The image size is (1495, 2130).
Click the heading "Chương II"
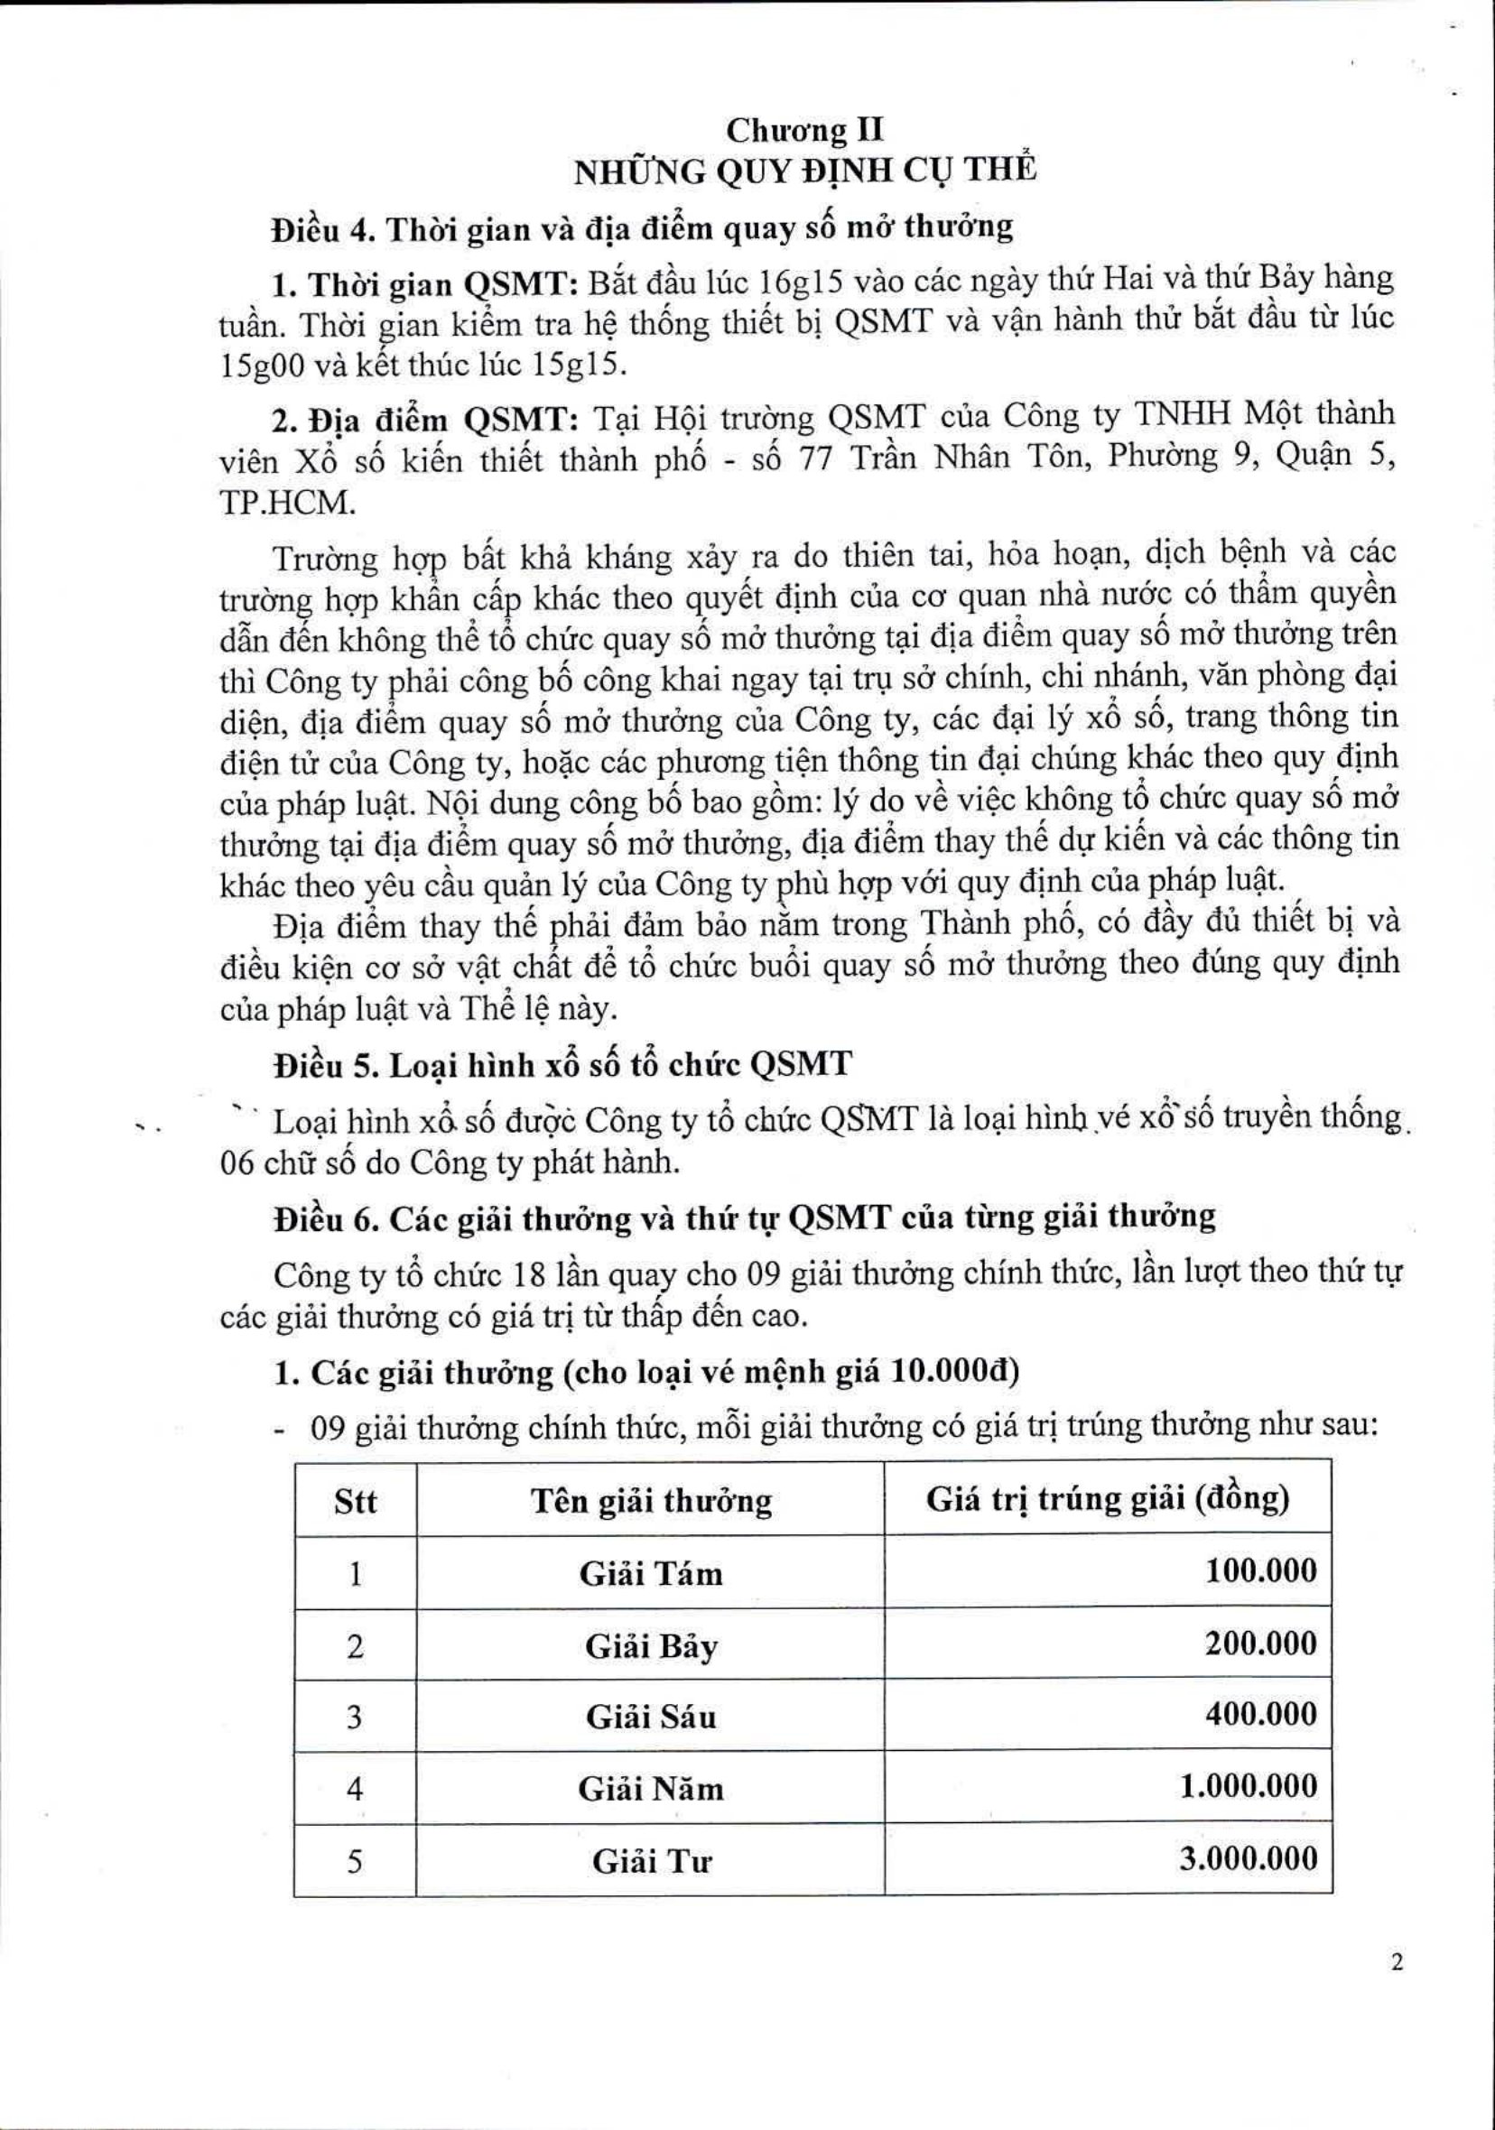(804, 131)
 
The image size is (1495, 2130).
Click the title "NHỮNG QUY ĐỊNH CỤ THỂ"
(804, 173)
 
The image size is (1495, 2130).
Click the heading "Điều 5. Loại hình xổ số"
(562, 1065)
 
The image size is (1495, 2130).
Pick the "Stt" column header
(356, 1501)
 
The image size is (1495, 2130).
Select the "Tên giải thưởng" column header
(651, 1501)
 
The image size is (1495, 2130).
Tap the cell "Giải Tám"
(651, 1573)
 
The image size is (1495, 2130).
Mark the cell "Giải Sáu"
(651, 1718)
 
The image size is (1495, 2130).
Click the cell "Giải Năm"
(651, 1789)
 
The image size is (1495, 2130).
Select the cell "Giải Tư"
(651, 1861)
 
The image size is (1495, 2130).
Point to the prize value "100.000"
(1260, 1571)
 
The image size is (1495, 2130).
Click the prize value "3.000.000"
(1248, 1859)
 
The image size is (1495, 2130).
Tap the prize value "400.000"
(1260, 1715)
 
